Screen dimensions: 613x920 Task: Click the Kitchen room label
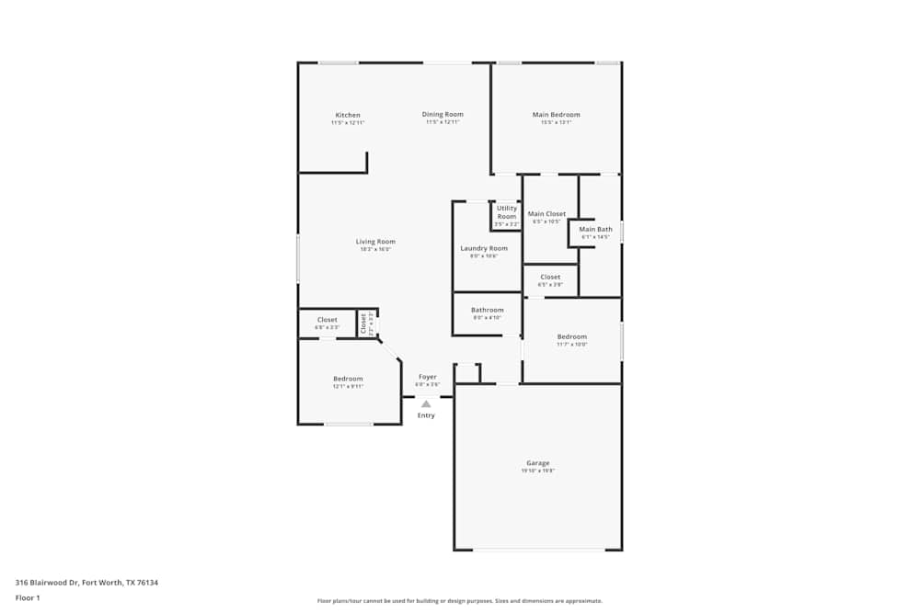coord(348,115)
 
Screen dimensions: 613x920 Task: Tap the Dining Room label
coord(442,114)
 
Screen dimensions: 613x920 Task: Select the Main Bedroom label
coord(556,115)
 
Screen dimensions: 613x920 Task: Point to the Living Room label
coord(375,242)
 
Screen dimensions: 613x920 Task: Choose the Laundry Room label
coord(484,248)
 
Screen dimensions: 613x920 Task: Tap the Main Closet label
coord(546,214)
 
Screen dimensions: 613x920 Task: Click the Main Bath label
coord(595,229)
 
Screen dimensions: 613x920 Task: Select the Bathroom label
coord(488,310)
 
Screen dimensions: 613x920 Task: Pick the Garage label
coord(537,463)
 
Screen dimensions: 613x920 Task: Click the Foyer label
coord(428,377)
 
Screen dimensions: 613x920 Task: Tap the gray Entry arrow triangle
coord(426,403)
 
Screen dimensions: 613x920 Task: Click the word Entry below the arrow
coord(426,415)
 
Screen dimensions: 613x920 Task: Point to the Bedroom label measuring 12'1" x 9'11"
coord(348,379)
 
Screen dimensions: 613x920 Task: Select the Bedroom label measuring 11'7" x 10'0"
coord(571,336)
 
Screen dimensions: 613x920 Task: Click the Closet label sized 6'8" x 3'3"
coord(328,320)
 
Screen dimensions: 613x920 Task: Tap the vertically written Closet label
coord(364,323)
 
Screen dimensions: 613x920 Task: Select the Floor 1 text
coord(27,597)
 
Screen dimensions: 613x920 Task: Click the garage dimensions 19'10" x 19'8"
coord(537,471)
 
